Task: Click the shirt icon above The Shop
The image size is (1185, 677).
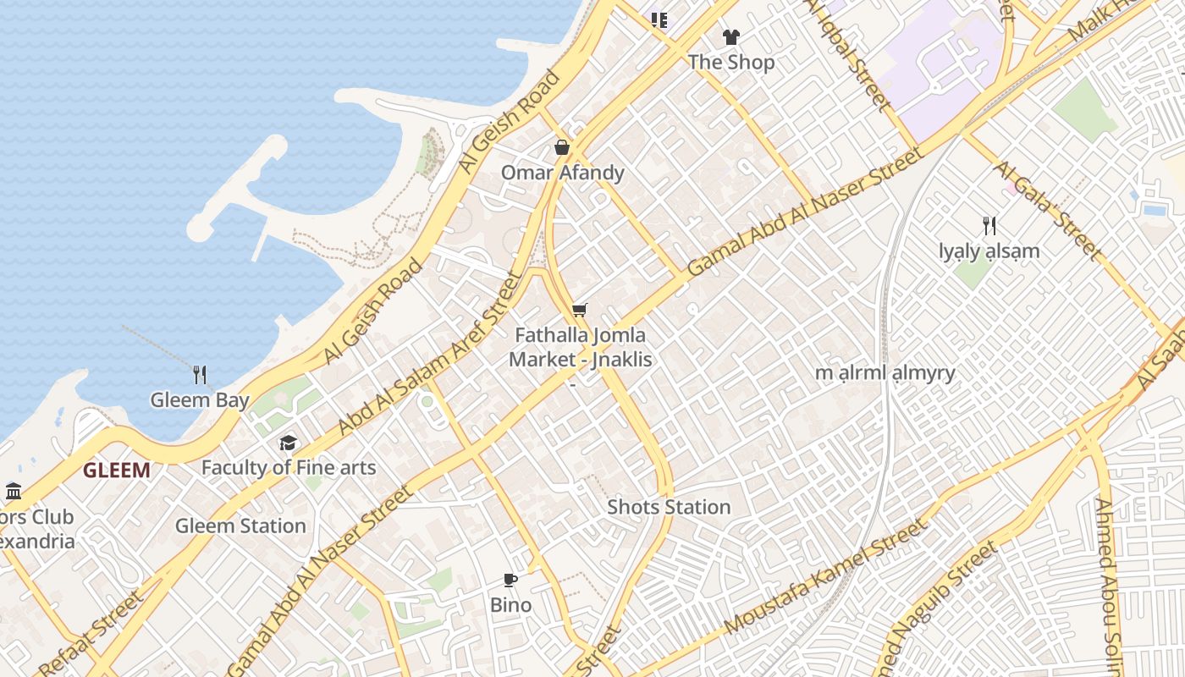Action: click(731, 37)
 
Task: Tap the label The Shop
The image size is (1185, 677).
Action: click(731, 62)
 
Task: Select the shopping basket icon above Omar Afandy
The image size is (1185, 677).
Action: click(562, 148)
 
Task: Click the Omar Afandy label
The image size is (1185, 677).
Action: click(562, 173)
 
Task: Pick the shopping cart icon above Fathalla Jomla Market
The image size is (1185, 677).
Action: click(579, 311)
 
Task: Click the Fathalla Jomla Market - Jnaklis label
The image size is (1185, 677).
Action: click(581, 347)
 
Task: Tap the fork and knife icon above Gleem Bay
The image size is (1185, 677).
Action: click(200, 375)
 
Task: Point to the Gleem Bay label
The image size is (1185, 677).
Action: click(200, 399)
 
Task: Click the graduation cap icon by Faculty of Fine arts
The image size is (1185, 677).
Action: click(289, 443)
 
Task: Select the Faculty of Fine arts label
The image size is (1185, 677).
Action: click(289, 467)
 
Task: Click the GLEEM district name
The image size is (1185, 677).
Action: click(117, 471)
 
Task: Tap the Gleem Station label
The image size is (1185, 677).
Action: click(240, 526)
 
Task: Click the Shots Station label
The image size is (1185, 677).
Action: click(669, 507)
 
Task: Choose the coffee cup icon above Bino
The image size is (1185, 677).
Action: click(510, 580)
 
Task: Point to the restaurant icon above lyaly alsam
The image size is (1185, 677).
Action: click(989, 226)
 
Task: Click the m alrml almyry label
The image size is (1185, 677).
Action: click(885, 373)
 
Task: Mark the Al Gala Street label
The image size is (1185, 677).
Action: click(1048, 210)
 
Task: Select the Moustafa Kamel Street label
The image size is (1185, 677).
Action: click(825, 578)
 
